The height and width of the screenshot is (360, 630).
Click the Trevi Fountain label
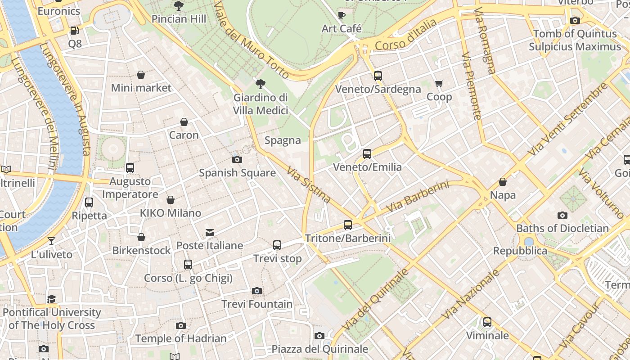click(x=257, y=304)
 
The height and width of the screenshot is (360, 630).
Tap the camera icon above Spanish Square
click(x=237, y=160)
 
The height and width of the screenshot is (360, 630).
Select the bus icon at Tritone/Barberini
click(x=348, y=225)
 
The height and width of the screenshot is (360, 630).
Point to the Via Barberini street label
click(x=418, y=197)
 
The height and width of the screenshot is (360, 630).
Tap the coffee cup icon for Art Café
click(x=342, y=16)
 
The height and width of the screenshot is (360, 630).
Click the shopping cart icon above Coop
click(x=439, y=83)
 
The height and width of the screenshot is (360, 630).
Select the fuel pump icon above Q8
click(x=75, y=31)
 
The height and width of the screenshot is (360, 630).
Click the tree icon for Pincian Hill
click(x=179, y=6)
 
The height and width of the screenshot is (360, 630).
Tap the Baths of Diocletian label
click(x=562, y=228)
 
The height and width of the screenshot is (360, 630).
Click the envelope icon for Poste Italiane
click(x=210, y=233)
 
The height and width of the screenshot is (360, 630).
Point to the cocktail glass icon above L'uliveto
click(x=51, y=241)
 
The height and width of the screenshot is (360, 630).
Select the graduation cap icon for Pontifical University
click(x=52, y=299)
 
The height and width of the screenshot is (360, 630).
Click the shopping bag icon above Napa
click(x=503, y=182)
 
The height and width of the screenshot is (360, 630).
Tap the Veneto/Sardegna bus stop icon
click(x=378, y=76)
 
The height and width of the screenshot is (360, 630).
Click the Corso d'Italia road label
click(x=405, y=35)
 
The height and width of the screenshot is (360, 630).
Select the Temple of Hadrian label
click(x=181, y=338)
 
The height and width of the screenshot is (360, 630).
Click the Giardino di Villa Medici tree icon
click(x=260, y=84)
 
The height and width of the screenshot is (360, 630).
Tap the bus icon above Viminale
click(x=487, y=322)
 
